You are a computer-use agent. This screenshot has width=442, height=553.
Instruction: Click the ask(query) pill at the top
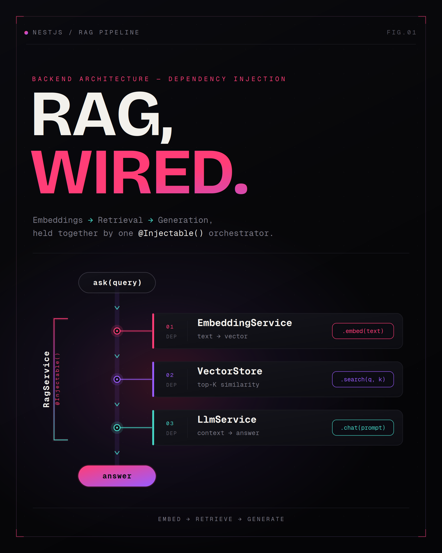pyautogui.click(x=117, y=283)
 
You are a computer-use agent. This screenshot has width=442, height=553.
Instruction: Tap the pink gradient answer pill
pyautogui.click(x=117, y=476)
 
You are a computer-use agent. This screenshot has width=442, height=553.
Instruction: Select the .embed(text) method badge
pyautogui.click(x=363, y=331)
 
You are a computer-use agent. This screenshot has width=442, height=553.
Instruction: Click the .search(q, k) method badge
pyautogui.click(x=363, y=379)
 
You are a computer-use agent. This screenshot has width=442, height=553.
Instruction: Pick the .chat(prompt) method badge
pyautogui.click(x=363, y=428)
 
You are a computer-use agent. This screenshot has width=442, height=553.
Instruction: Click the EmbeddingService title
pyautogui.click(x=245, y=323)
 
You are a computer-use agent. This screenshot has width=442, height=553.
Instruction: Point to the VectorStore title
pyautogui.click(x=230, y=371)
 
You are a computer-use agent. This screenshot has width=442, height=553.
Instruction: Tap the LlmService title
pyautogui.click(x=227, y=420)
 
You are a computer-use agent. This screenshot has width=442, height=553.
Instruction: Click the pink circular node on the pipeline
pyautogui.click(x=117, y=331)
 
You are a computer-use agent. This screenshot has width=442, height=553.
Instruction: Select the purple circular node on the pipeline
pyautogui.click(x=117, y=379)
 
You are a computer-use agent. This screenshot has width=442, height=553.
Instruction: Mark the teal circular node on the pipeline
pyautogui.click(x=117, y=428)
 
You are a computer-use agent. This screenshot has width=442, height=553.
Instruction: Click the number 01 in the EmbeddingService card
pyautogui.click(x=170, y=327)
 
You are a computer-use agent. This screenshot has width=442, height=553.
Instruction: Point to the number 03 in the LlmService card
pyautogui.click(x=170, y=424)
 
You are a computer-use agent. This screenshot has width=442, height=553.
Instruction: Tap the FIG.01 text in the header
pyautogui.click(x=401, y=32)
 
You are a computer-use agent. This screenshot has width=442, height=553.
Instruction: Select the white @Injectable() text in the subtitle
pyautogui.click(x=171, y=233)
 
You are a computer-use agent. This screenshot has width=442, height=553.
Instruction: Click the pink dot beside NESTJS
pyautogui.click(x=26, y=33)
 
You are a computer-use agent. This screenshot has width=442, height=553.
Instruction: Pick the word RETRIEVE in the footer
pyautogui.click(x=214, y=519)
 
